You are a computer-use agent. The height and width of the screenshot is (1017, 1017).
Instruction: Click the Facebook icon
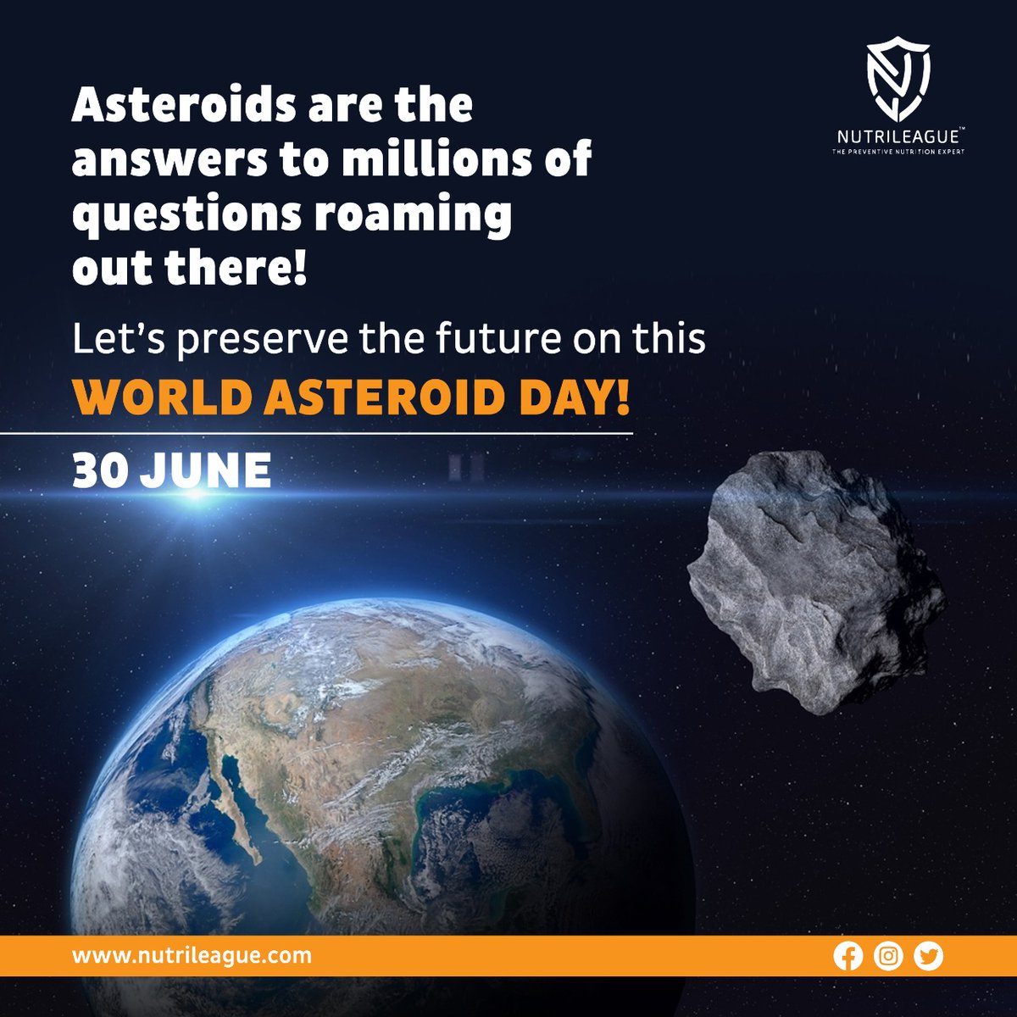[847, 956]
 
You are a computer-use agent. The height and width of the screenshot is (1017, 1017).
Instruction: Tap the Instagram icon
[888, 956]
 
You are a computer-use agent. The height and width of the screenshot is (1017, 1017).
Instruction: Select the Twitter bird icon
[929, 956]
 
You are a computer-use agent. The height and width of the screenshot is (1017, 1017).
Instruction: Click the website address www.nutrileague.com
[192, 956]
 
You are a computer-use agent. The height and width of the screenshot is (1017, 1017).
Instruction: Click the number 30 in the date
[100, 470]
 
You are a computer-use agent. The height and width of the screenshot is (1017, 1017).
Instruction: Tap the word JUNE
[205, 470]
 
